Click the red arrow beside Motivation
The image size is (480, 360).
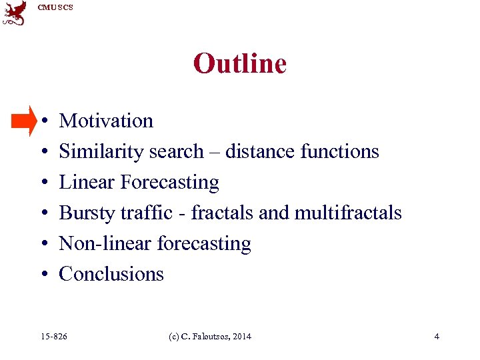[25, 120]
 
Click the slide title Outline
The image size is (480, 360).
[239, 64]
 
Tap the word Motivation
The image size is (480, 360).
[106, 121]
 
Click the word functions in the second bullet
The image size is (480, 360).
[339, 151]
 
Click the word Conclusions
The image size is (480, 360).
[111, 274]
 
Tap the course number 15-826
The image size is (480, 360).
[54, 337]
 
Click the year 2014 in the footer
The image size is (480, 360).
[242, 337]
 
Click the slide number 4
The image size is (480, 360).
[437, 337]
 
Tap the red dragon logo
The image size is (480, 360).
[15, 13]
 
